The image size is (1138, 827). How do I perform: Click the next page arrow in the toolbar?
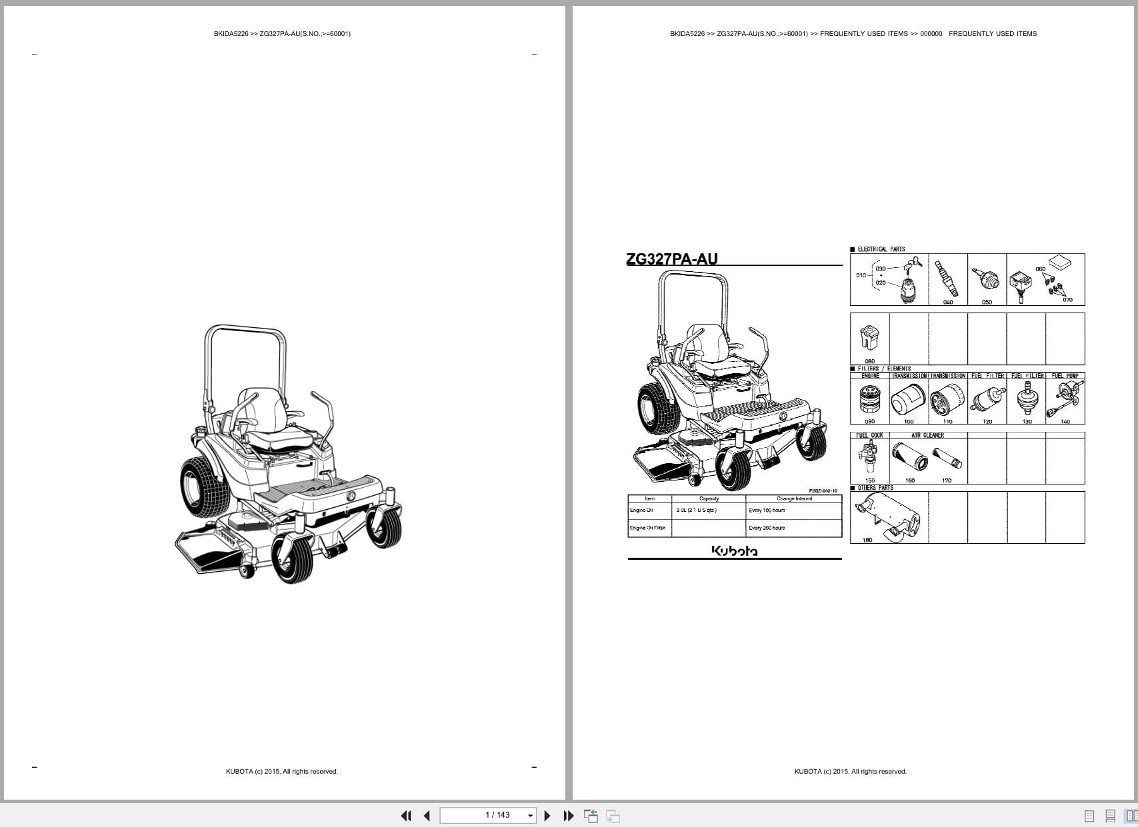coord(547,816)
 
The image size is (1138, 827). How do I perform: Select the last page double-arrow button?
coord(568,816)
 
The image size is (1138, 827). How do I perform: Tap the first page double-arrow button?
coord(406,816)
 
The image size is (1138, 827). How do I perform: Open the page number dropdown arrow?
coord(531,816)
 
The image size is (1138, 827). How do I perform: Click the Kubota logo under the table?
coord(734,550)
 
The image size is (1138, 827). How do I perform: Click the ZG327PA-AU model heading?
coord(671,259)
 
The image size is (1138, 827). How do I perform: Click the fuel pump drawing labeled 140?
coord(1065,399)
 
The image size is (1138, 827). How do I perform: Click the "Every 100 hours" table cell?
coord(767,510)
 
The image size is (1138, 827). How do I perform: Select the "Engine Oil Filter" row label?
coord(647,528)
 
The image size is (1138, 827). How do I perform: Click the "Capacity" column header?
coord(709,498)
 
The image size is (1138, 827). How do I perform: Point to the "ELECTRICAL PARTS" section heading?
coord(881,249)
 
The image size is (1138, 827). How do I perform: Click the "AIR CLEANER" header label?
coord(927,435)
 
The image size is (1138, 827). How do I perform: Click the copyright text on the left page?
coord(281,772)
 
